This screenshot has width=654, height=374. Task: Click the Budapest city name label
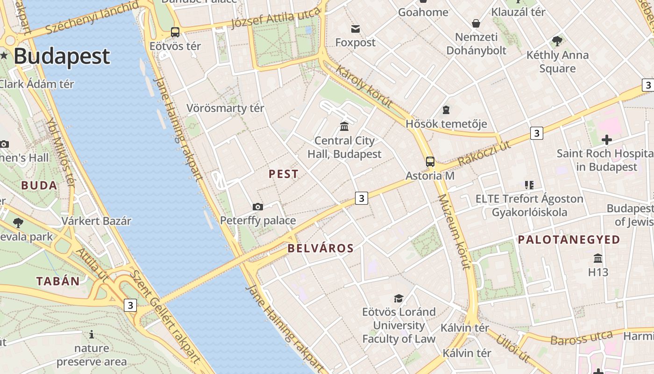click(x=61, y=56)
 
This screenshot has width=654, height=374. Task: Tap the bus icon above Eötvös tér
click(x=175, y=32)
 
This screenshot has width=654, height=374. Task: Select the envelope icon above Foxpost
click(x=355, y=29)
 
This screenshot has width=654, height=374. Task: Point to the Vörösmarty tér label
click(x=225, y=108)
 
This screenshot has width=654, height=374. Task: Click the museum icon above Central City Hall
click(x=344, y=126)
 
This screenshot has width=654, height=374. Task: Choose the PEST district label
click(x=283, y=174)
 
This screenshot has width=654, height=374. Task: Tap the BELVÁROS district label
click(x=320, y=248)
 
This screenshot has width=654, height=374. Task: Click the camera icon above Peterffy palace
click(x=257, y=207)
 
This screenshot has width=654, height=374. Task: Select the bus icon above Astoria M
click(x=430, y=162)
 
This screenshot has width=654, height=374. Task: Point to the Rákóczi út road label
click(x=484, y=153)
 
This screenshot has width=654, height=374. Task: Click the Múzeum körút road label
click(x=453, y=232)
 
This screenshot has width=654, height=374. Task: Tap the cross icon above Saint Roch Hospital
click(x=606, y=139)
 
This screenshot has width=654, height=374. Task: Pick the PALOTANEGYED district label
click(x=569, y=240)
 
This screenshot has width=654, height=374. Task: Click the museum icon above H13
click(x=597, y=258)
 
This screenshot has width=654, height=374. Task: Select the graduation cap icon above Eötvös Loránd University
click(x=398, y=298)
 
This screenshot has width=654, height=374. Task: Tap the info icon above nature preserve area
click(x=92, y=334)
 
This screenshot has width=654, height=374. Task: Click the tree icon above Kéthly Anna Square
click(x=557, y=41)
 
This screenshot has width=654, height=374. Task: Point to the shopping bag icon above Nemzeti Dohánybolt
click(x=476, y=23)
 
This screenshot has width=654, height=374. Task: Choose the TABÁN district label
click(x=58, y=281)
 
